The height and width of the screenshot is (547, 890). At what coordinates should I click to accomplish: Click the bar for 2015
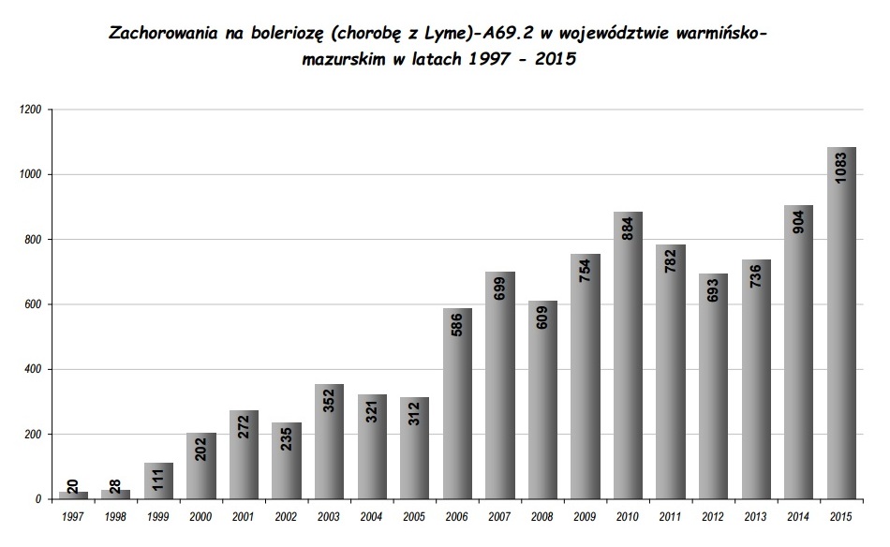[841, 323]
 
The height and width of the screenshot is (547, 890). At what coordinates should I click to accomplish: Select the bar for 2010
[628, 356]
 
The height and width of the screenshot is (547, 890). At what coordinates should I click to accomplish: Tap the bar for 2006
[457, 404]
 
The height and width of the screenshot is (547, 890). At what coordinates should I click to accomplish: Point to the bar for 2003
[329, 441]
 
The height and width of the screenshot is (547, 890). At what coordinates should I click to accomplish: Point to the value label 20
[74, 485]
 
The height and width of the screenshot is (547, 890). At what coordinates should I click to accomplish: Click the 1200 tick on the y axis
[30, 111]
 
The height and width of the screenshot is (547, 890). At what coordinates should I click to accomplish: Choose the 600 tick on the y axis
[33, 305]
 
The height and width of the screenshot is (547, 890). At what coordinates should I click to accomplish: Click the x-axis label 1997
[73, 518]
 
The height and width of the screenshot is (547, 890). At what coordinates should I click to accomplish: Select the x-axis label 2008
[542, 518]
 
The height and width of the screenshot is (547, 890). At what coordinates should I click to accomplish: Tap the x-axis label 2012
[714, 518]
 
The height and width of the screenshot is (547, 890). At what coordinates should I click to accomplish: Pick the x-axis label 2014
[799, 518]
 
